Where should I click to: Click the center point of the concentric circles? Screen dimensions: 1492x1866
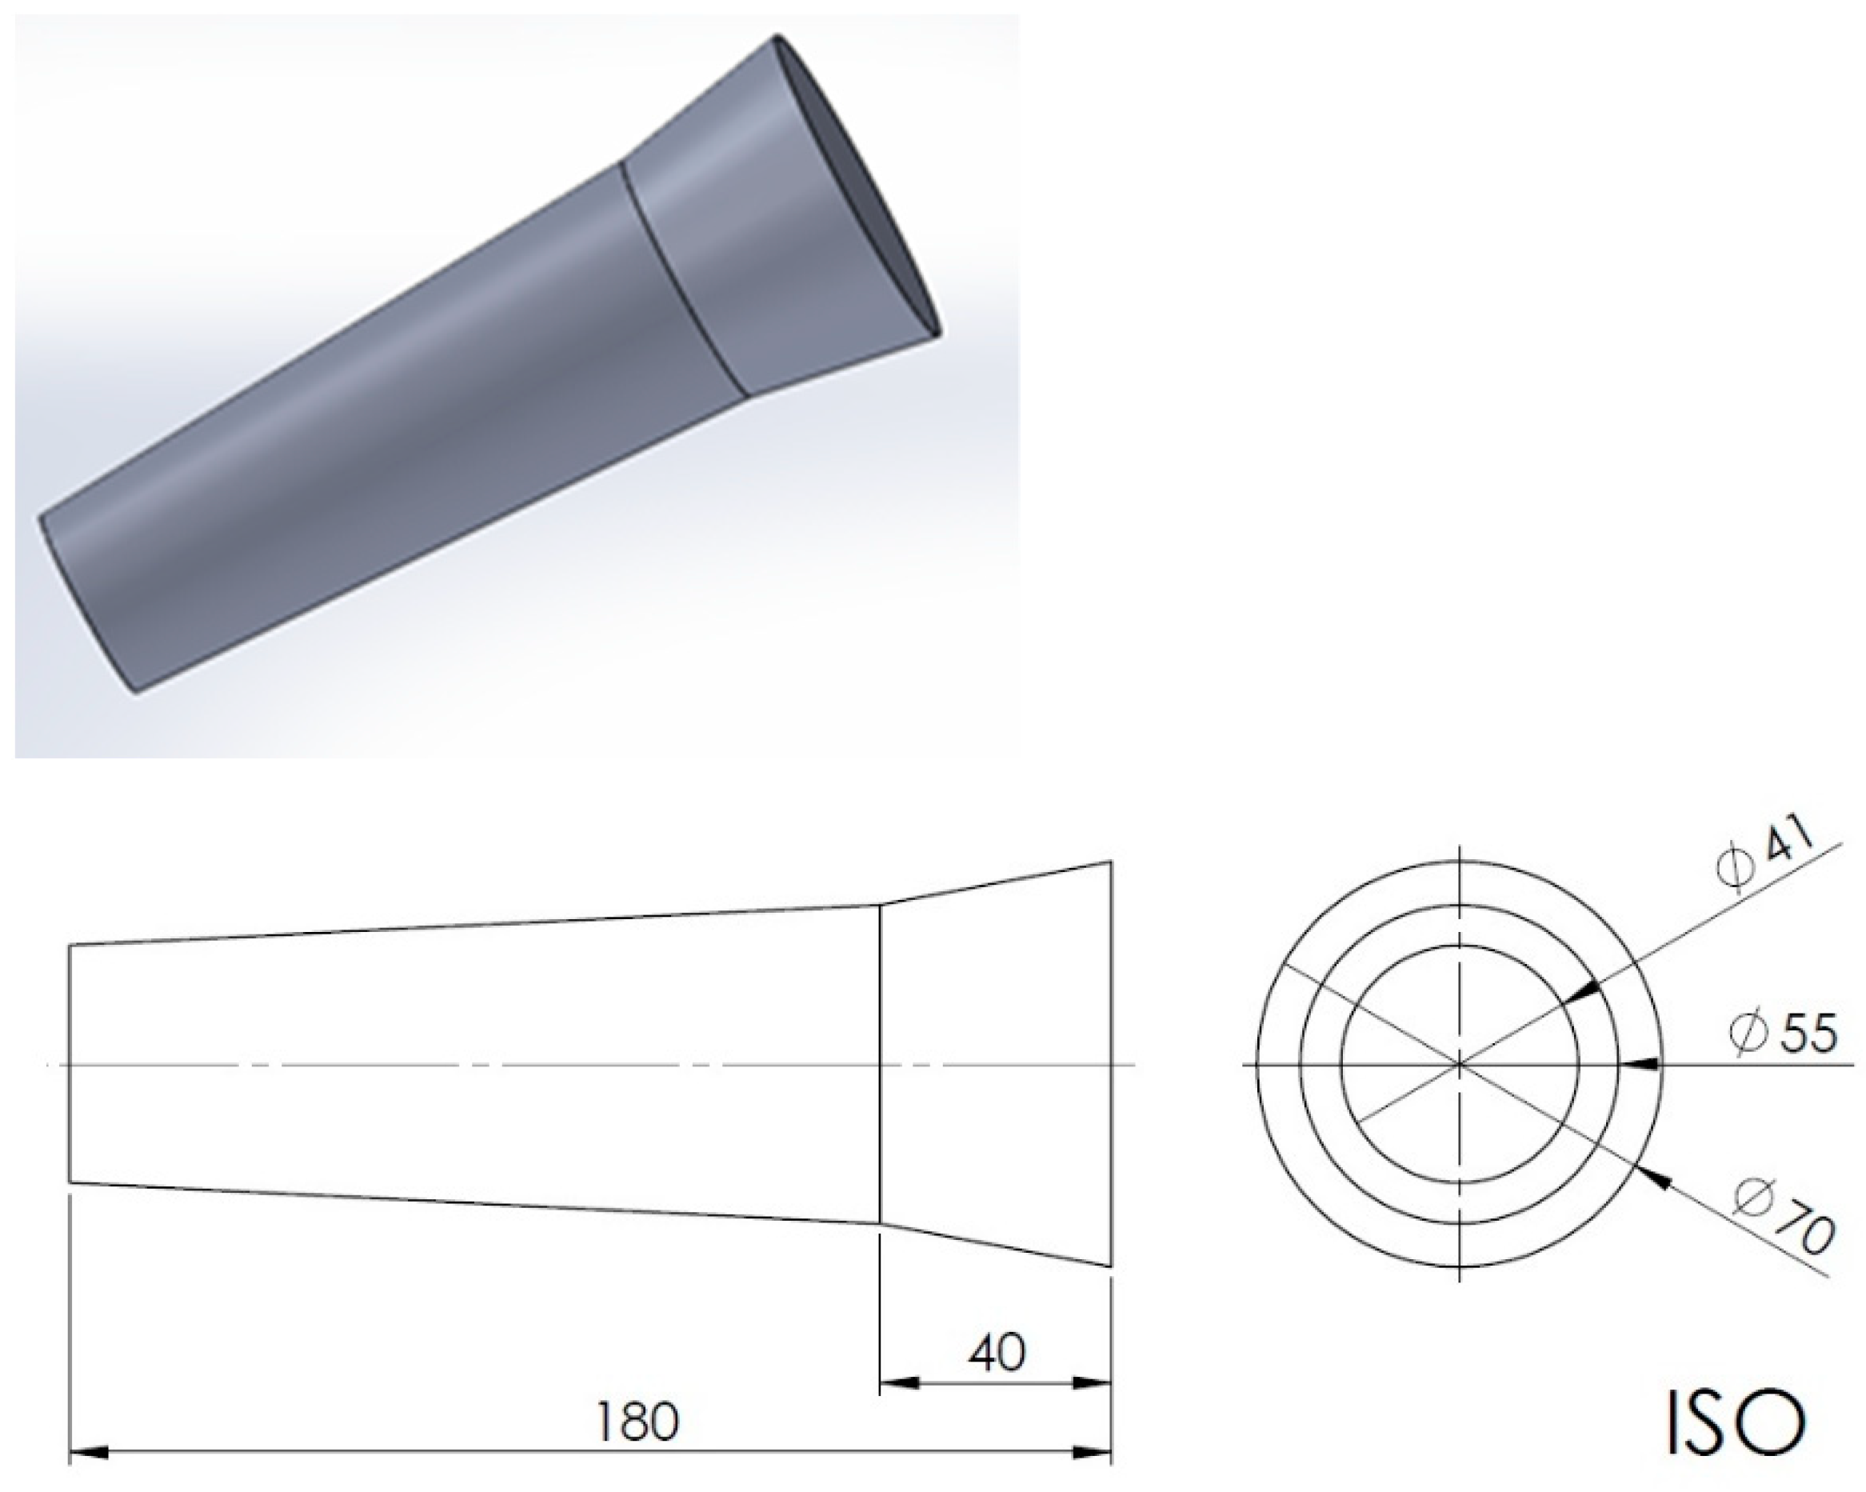click(x=1460, y=1065)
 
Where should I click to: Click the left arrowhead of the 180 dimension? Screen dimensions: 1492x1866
click(x=88, y=1451)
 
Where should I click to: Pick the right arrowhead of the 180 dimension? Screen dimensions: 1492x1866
click(x=1090, y=1451)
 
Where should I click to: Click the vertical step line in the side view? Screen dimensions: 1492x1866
click(x=880, y=1065)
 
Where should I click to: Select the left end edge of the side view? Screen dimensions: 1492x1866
click(x=70, y=1065)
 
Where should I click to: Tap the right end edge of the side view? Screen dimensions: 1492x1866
click(x=1110, y=1065)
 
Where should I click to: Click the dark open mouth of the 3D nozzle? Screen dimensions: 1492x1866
click(x=865, y=190)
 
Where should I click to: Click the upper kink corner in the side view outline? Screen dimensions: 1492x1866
click(x=880, y=906)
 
